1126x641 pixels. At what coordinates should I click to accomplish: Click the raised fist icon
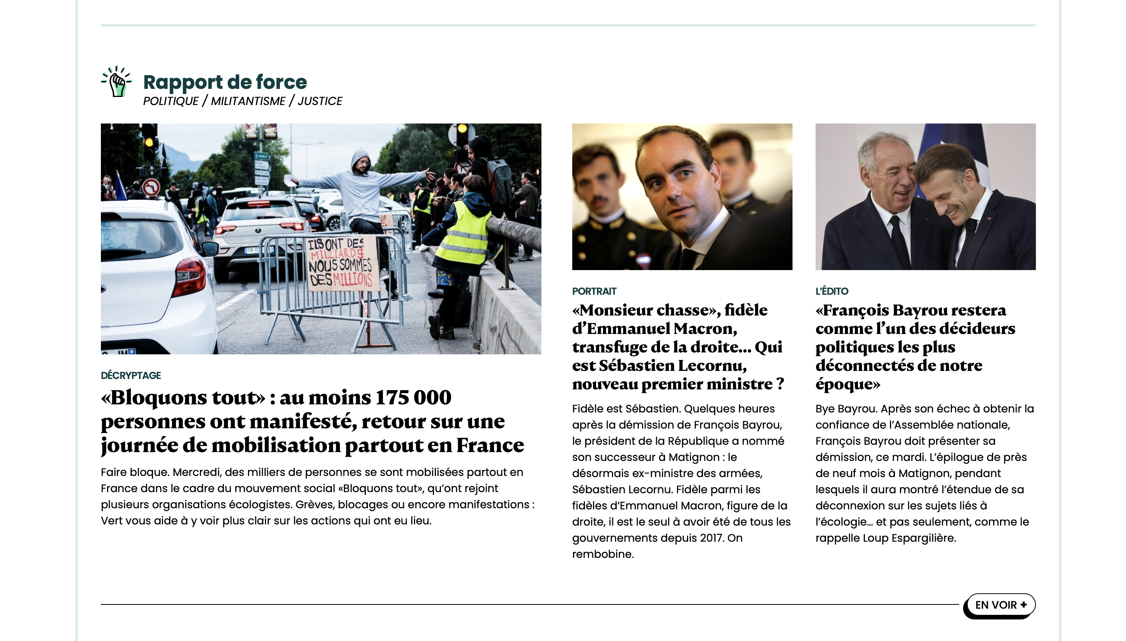[116, 82]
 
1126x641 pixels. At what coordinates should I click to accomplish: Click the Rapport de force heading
[225, 82]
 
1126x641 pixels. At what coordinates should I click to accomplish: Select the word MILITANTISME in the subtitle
[248, 101]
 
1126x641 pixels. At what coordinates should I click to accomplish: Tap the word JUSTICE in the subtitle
[320, 101]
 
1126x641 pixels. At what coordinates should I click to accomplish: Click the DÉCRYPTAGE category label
[131, 376]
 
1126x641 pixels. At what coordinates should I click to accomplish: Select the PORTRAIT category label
[594, 291]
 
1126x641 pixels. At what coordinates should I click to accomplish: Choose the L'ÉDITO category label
[832, 291]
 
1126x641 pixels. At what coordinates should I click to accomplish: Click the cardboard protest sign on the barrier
[341, 263]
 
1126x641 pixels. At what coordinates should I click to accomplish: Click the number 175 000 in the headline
[413, 397]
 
